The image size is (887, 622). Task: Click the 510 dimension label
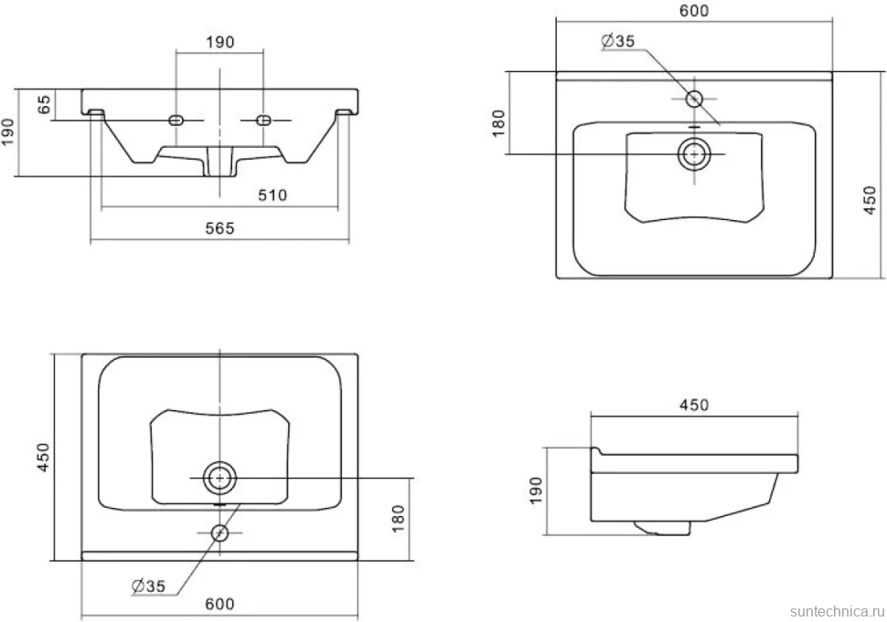[273, 195]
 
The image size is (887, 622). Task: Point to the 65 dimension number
[44, 104]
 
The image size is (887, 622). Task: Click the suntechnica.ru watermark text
[837, 611]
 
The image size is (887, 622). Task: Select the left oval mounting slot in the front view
[176, 120]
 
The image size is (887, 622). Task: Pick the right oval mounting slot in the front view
[263, 120]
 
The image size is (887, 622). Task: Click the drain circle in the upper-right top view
[694, 153]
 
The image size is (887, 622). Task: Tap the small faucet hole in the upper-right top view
[694, 100]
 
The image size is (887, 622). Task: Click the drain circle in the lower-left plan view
[219, 478]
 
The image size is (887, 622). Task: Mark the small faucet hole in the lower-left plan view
[219, 532]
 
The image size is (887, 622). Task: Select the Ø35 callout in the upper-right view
[618, 41]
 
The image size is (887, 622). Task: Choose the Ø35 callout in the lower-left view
[148, 585]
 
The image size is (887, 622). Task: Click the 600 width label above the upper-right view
[694, 11]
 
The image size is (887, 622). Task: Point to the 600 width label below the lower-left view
[219, 604]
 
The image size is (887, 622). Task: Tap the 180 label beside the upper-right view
[497, 123]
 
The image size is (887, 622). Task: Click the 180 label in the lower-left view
[399, 518]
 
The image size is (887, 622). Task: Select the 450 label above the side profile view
[694, 405]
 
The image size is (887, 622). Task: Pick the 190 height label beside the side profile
[536, 490]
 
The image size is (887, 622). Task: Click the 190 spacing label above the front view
[219, 42]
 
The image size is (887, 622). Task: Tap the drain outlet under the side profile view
[663, 528]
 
